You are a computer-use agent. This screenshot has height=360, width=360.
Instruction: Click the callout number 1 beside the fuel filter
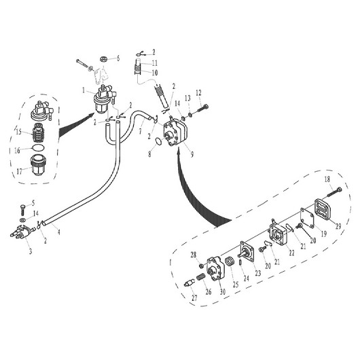(x=84, y=90)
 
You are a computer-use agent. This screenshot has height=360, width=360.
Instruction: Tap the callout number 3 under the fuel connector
(x=30, y=251)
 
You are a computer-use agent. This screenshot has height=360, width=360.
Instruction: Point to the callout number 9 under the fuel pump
(x=192, y=154)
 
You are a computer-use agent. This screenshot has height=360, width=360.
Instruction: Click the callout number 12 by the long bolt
(x=198, y=93)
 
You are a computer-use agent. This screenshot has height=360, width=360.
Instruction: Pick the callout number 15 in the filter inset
(x=19, y=132)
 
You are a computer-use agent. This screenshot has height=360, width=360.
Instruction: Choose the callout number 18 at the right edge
(x=327, y=179)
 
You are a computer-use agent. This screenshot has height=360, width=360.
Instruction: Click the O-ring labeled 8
(x=158, y=142)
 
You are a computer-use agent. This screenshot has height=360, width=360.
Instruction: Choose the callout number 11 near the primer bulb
(x=154, y=62)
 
